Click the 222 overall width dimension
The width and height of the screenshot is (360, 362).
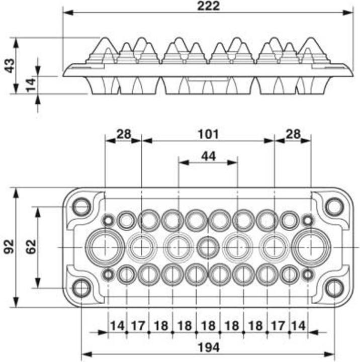pos(209,6)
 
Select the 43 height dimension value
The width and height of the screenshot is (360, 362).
pos(9,65)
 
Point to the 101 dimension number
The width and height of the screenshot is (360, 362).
pos(208,134)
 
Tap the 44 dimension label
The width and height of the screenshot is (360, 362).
pos(208,156)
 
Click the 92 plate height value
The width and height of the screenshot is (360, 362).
pos(9,247)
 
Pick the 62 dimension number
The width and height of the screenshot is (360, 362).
pos(31,247)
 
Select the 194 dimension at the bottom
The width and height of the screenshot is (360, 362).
pos(208,347)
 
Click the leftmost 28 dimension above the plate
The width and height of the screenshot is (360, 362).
pos(123,134)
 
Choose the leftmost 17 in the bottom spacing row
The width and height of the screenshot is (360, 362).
pos(138,326)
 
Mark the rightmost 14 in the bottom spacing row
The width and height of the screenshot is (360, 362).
pos(299,326)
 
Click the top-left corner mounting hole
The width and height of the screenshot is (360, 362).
pos(81,206)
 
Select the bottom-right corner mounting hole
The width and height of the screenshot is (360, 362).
pos(334,288)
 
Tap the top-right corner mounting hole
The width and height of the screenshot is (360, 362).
pos(334,206)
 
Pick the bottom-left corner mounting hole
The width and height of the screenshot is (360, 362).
pos(81,288)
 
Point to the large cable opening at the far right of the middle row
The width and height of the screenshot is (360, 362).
pos(312,247)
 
